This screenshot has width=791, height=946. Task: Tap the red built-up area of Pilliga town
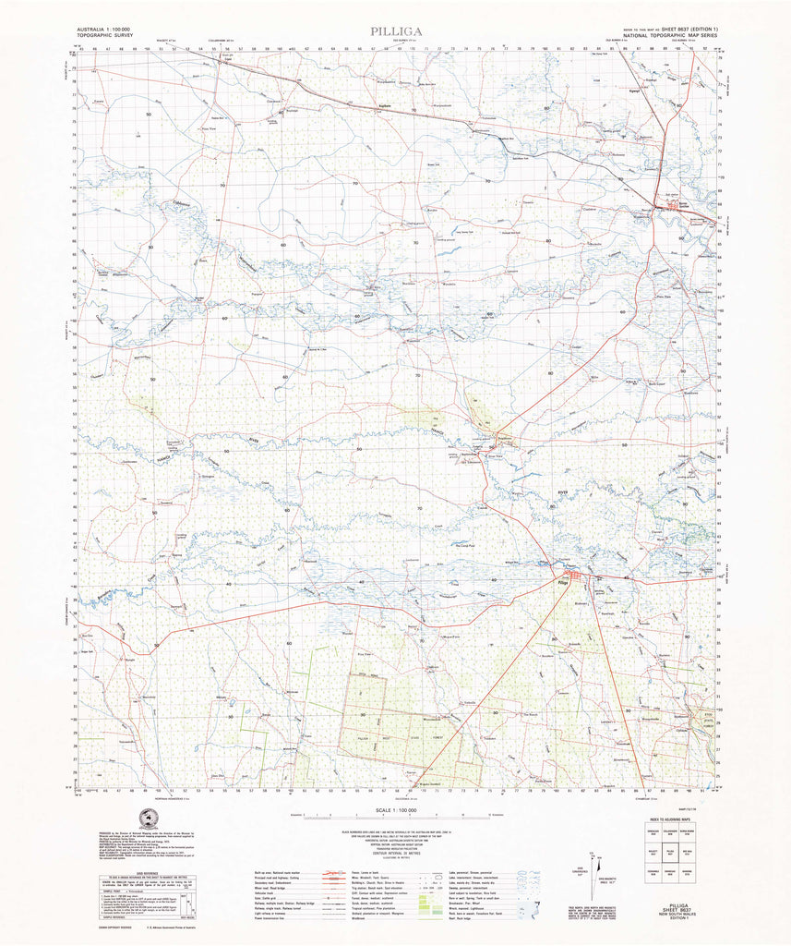[x=578, y=579]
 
